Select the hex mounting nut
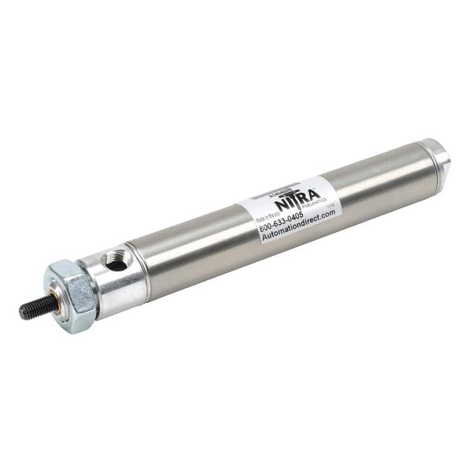point(72,295)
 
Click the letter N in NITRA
point(281,207)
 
